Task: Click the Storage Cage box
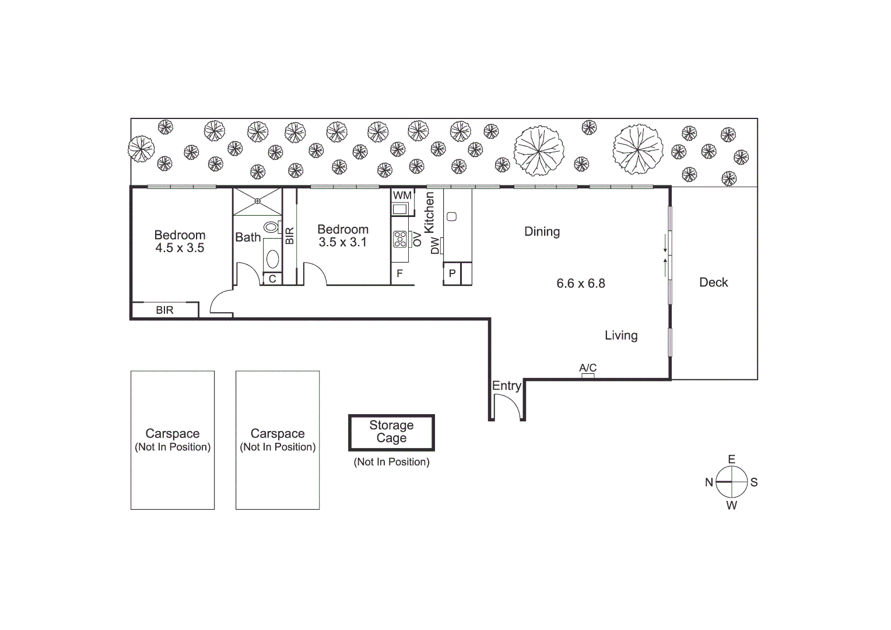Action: (391, 432)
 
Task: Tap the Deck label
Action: (713, 282)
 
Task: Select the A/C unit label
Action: (588, 368)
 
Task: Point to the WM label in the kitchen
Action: (402, 195)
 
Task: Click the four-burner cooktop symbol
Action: (400, 239)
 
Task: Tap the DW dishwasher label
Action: (434, 246)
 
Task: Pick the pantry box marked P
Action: (451, 274)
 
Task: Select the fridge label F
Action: (399, 274)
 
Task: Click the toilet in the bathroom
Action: (271, 227)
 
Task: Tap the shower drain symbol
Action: (257, 201)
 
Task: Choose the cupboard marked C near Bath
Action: (272, 279)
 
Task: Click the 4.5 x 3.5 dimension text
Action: (180, 248)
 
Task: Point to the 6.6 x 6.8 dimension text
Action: (581, 283)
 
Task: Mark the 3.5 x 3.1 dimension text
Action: (343, 242)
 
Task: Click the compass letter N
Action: (709, 482)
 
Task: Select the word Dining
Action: (542, 232)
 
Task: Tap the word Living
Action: (621, 335)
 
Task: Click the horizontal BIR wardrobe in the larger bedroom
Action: (165, 310)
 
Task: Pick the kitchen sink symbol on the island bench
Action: (451, 217)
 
